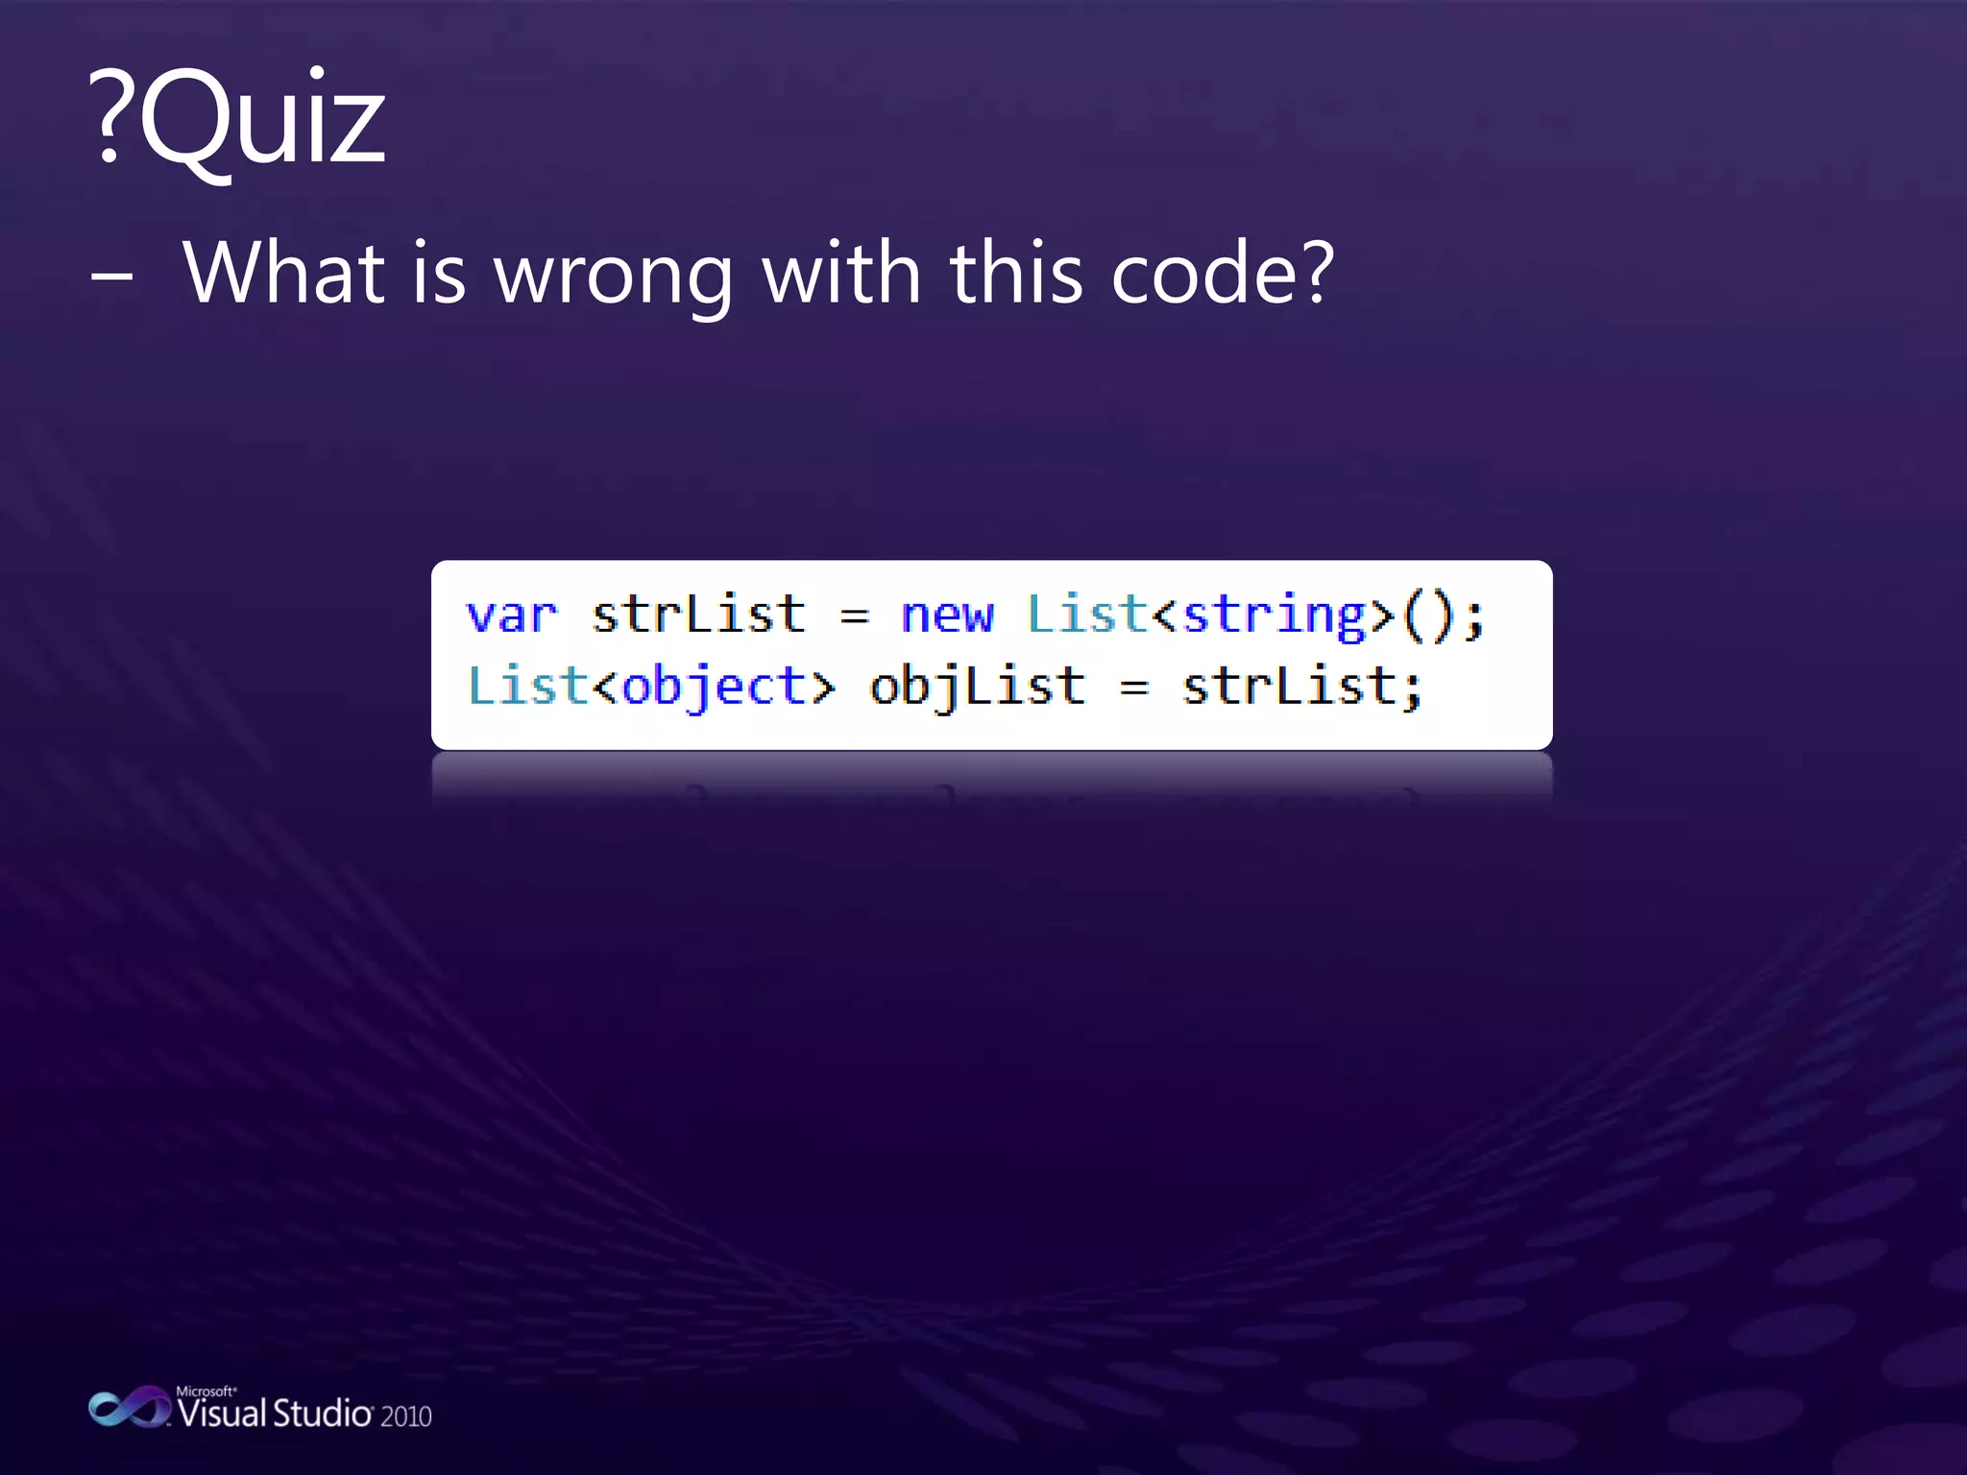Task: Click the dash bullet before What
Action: [111, 277]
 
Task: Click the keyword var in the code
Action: [511, 616]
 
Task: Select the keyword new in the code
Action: [947, 616]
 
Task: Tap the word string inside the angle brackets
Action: [1274, 616]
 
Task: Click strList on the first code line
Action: [698, 615]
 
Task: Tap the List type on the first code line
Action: [1086, 615]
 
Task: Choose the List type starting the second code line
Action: [527, 687]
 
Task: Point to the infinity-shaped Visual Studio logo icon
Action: [128, 1408]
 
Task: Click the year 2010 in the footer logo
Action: [405, 1416]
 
